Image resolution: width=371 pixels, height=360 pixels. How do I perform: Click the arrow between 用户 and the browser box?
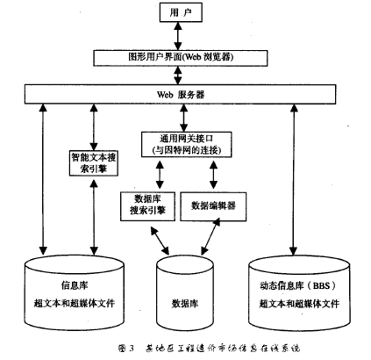pyautogui.click(x=178, y=35)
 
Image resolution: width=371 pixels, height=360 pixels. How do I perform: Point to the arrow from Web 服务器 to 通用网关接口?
pyautogui.click(x=182, y=116)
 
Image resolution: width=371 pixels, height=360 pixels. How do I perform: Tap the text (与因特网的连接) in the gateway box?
pyautogui.click(x=182, y=150)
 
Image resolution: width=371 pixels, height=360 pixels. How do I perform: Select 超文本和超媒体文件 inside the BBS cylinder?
pyautogui.click(x=301, y=303)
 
